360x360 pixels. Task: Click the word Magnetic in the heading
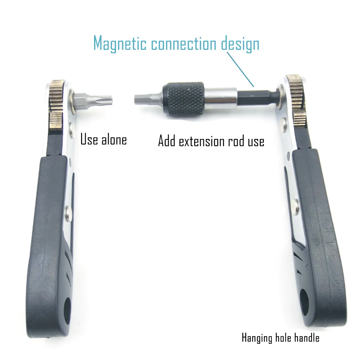[x=120, y=43]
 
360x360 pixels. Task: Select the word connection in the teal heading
[x=184, y=43]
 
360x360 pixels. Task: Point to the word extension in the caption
[x=202, y=141]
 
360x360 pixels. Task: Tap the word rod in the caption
[x=236, y=141]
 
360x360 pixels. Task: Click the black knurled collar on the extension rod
[x=183, y=98]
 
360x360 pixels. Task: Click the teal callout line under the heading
[x=240, y=69]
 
